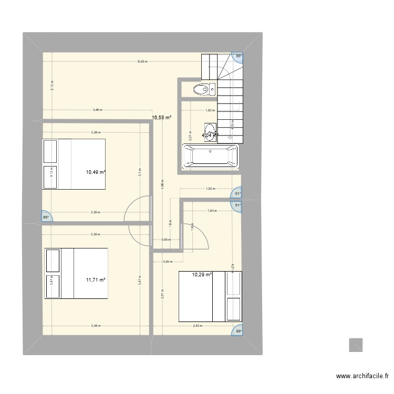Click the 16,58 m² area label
point(162,118)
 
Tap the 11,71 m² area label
point(96,279)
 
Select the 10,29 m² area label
point(201,274)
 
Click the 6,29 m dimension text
point(142,61)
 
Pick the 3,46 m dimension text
point(97,110)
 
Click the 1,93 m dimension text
point(210,189)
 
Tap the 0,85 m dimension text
point(166,240)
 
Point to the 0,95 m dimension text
point(167,261)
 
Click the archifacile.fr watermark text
point(362,376)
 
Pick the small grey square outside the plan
point(356,345)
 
